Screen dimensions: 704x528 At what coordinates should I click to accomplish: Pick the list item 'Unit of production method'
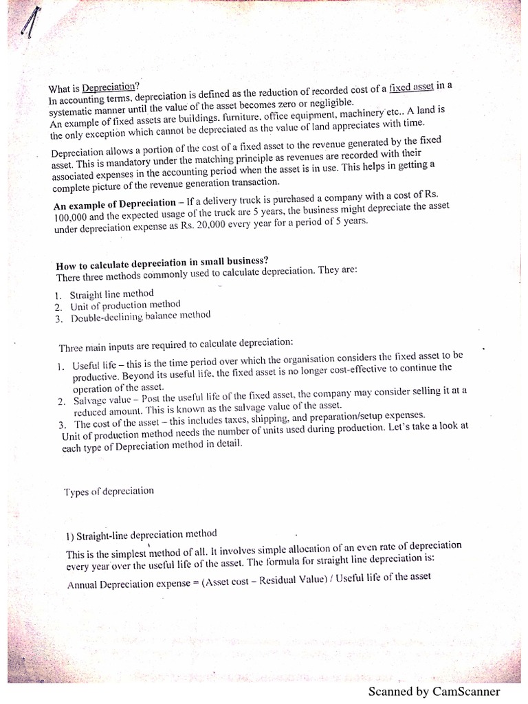point(125,305)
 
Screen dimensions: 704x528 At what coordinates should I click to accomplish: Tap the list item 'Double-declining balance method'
point(140,316)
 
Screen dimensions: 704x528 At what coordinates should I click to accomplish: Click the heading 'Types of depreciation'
point(109,492)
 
